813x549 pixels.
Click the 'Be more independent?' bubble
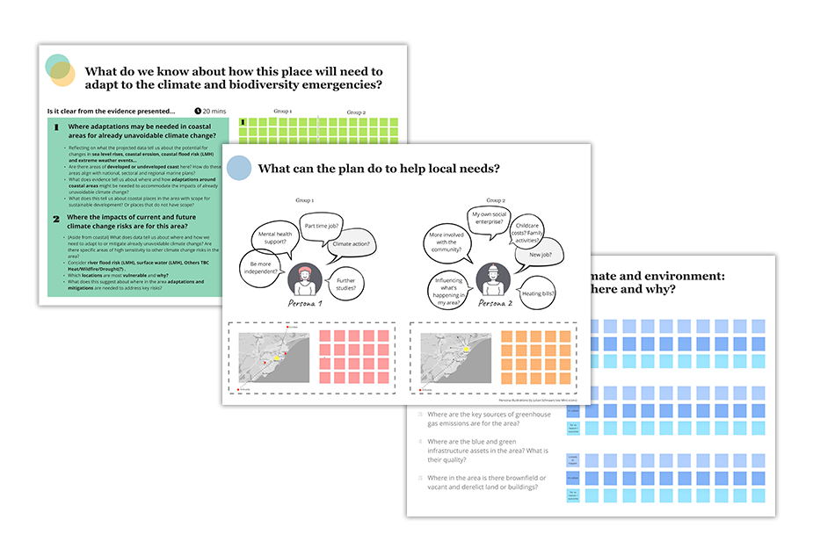pyautogui.click(x=261, y=267)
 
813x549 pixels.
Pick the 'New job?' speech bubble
pyautogui.click(x=540, y=254)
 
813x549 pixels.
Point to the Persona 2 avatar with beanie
pyautogui.click(x=492, y=280)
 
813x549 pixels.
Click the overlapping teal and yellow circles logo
pyautogui.click(x=60, y=70)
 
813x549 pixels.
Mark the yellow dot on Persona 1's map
pyautogui.click(x=280, y=359)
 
